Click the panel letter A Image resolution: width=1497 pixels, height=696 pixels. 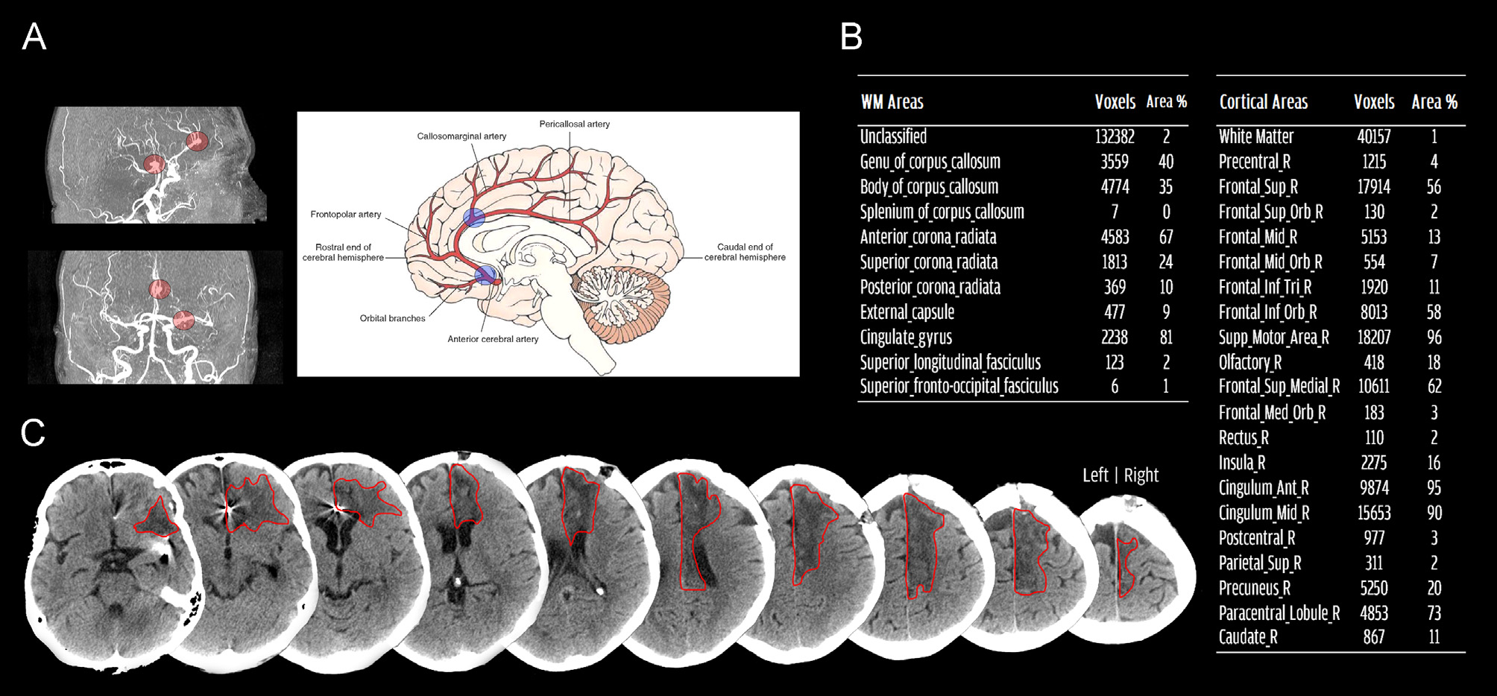(x=34, y=37)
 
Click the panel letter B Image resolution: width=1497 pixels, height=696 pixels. (x=851, y=37)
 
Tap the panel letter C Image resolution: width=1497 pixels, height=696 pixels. (x=33, y=432)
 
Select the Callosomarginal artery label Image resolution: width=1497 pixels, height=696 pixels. (x=461, y=136)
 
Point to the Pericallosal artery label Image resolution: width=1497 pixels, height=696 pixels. (x=574, y=124)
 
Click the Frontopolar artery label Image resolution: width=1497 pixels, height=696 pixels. (x=345, y=215)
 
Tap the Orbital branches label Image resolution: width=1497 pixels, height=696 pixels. (x=392, y=318)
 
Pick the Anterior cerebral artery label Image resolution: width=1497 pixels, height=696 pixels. (x=493, y=339)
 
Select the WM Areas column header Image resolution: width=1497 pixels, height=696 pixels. (x=892, y=102)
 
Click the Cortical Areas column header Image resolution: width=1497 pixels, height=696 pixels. (x=1263, y=102)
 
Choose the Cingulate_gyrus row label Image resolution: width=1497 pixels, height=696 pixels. (x=906, y=338)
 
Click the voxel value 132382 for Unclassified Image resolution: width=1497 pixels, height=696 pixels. (x=1115, y=136)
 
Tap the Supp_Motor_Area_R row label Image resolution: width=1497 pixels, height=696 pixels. (x=1273, y=338)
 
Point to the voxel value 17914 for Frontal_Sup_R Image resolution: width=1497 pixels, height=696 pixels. (x=1373, y=187)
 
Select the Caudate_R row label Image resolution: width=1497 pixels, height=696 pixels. (x=1248, y=637)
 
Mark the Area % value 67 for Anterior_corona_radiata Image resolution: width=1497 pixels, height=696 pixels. (x=1166, y=237)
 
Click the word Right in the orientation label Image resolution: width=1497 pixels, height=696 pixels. (x=1141, y=475)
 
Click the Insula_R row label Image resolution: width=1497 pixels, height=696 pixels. (x=1241, y=463)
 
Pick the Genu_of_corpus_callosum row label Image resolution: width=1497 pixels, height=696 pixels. (x=930, y=162)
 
